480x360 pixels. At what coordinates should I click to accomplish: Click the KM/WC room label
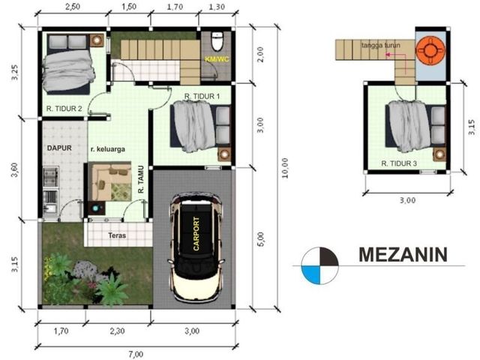[217, 59]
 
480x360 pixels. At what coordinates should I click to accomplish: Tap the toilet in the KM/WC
[217, 41]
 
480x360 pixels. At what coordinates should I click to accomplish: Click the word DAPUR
[59, 148]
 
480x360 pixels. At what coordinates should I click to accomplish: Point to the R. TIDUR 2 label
[64, 109]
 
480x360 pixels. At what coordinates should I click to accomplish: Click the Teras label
[117, 235]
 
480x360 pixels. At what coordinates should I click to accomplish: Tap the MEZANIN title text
[403, 255]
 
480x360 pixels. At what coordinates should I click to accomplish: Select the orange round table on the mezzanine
[430, 51]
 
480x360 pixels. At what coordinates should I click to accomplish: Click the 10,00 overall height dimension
[285, 168]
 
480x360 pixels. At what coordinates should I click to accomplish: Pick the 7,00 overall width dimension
[136, 355]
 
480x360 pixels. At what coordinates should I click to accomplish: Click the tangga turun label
[380, 45]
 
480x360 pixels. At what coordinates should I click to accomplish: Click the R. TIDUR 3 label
[399, 163]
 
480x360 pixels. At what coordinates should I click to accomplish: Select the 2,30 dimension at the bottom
[118, 331]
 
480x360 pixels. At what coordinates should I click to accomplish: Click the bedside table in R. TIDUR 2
[97, 40]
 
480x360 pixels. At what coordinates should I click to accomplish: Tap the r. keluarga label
[108, 149]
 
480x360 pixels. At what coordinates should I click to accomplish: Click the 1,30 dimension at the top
[217, 7]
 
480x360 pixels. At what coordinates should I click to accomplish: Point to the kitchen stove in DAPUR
[50, 177]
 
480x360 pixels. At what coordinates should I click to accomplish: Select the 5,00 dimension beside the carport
[260, 239]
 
